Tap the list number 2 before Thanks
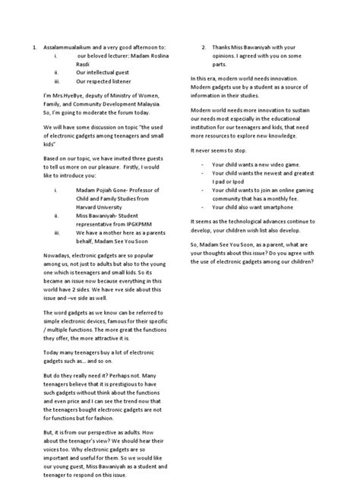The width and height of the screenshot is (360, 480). pos(204,48)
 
